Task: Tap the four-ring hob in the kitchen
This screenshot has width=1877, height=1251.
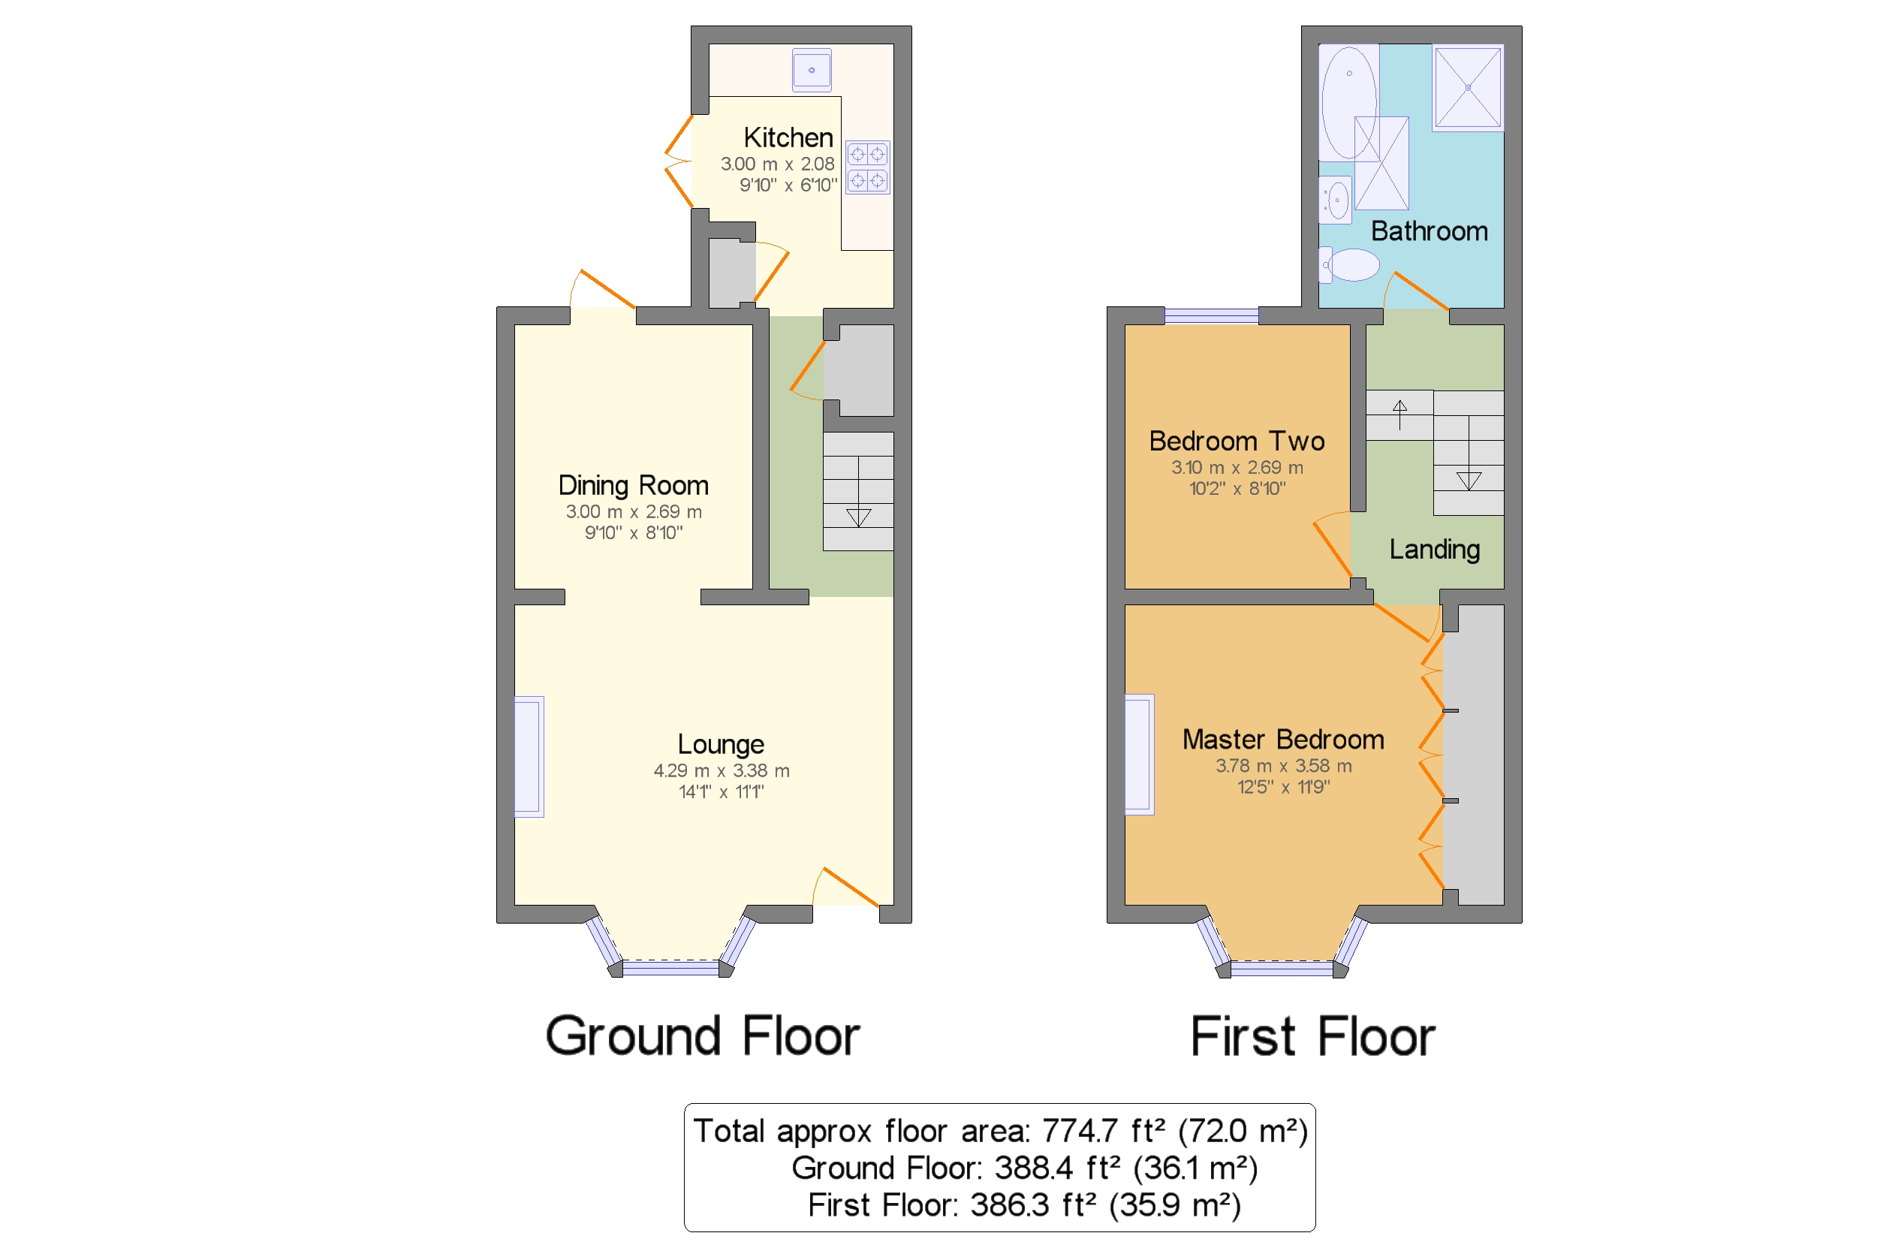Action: click(x=867, y=167)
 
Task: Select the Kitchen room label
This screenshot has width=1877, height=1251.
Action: click(x=788, y=137)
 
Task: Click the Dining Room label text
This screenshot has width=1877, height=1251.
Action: click(x=633, y=485)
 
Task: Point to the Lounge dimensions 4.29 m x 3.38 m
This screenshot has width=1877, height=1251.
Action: click(x=721, y=770)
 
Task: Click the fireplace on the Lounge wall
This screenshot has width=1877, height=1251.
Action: click(x=528, y=756)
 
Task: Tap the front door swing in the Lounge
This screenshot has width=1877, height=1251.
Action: click(x=847, y=888)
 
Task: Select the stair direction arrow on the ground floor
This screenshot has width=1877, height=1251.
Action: click(x=858, y=517)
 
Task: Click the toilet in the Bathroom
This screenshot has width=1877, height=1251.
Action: click(x=1351, y=265)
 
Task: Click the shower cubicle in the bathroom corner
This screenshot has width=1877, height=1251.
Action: click(x=1467, y=87)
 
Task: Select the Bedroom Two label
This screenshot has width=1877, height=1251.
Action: click(x=1236, y=442)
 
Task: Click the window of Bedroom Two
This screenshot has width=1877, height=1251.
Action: click(x=1211, y=316)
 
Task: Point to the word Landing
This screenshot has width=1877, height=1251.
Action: click(x=1433, y=549)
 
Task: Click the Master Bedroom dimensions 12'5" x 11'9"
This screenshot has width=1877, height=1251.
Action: click(x=1282, y=787)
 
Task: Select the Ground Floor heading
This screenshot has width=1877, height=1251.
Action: click(x=701, y=1035)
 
